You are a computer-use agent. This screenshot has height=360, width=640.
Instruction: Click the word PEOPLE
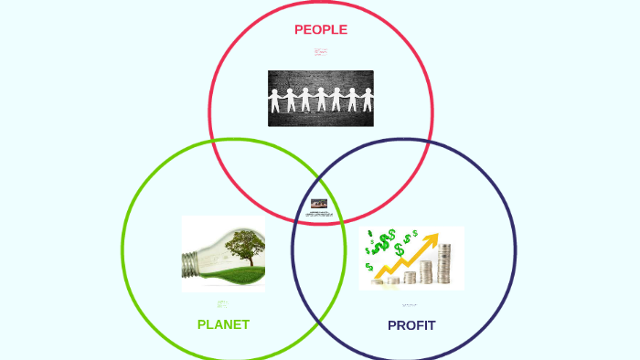click(x=320, y=29)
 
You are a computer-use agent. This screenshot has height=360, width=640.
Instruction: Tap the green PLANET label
click(x=223, y=324)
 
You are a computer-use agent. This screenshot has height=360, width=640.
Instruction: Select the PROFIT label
click(x=411, y=325)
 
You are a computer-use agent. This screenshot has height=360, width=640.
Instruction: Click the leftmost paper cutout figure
click(x=276, y=99)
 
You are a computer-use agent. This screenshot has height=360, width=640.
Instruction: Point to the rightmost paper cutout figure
click(x=367, y=99)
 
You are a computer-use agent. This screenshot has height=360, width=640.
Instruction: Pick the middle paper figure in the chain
click(x=321, y=99)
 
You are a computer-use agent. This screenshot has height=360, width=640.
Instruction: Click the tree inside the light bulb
click(x=242, y=245)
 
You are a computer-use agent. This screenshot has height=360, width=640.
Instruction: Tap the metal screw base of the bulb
click(x=191, y=263)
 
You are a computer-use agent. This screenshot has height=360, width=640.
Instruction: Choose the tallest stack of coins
click(x=444, y=264)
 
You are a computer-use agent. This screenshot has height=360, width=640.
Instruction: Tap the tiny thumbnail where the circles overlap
click(x=319, y=204)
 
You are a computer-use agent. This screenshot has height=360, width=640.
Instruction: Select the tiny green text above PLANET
click(x=222, y=303)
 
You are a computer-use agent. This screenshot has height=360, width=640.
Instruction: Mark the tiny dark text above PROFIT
click(x=410, y=304)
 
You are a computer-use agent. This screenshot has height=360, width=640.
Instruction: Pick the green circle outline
click(x=123, y=249)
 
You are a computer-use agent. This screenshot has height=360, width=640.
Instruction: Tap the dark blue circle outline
click(x=516, y=249)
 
